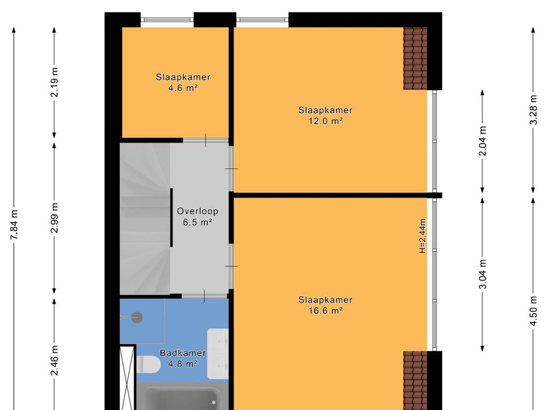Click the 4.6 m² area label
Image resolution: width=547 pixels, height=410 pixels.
click(183, 88)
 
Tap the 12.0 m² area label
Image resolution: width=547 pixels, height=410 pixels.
click(325, 121)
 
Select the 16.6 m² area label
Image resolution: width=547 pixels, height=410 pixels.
click(325, 311)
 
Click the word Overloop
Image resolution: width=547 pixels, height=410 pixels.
click(198, 211)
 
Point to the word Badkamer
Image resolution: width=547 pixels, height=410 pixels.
click(183, 353)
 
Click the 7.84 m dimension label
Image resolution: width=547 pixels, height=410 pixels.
click(14, 225)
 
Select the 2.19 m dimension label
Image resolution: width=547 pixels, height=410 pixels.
click(54, 83)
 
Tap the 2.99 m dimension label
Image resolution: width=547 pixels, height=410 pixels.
click(54, 218)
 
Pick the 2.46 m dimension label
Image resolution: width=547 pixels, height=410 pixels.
click(54, 360)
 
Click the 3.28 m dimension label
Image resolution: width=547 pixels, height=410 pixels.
click(533, 110)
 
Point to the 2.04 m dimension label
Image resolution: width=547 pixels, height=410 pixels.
click(482, 141)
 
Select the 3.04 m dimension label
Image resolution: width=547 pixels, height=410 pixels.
click(482, 274)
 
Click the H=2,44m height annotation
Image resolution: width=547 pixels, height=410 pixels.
click(423, 235)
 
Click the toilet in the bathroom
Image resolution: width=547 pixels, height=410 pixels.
click(148, 364)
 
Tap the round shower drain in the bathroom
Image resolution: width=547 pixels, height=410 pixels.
click(137, 317)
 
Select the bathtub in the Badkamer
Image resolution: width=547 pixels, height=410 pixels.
click(182, 397)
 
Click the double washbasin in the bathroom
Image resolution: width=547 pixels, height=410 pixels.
click(218, 353)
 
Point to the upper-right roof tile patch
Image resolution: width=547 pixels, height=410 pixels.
click(415, 58)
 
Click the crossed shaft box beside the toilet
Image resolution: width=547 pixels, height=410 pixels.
click(128, 377)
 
